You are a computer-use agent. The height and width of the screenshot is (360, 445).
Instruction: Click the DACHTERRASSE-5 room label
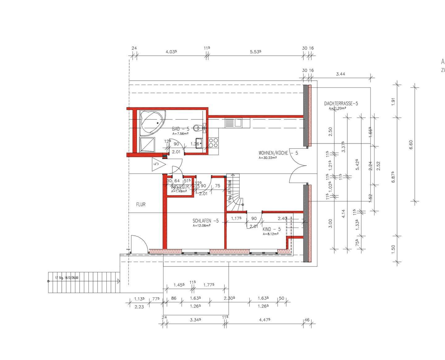[341, 104]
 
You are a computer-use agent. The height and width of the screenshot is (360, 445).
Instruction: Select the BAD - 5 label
[180, 129]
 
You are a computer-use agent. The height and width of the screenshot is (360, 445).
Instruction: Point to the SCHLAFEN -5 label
[206, 221]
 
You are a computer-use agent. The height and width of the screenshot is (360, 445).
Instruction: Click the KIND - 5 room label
[271, 229]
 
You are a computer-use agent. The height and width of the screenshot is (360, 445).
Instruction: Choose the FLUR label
[141, 204]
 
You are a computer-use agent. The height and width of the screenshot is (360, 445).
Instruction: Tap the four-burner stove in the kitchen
[213, 143]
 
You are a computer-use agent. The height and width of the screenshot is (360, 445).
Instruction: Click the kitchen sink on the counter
[234, 123]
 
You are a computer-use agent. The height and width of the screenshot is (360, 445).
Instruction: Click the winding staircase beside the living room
[235, 193]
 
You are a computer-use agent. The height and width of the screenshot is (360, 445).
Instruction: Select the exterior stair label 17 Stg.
[67, 278]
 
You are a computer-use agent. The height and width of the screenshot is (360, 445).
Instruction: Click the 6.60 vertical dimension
[411, 144]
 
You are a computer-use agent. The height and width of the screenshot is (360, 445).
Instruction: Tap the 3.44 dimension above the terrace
[340, 74]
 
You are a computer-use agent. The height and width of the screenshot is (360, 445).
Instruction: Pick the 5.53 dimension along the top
[256, 52]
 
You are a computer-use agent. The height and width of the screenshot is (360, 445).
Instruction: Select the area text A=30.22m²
[268, 157]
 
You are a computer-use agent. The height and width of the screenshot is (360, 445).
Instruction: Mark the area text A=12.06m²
[201, 225]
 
